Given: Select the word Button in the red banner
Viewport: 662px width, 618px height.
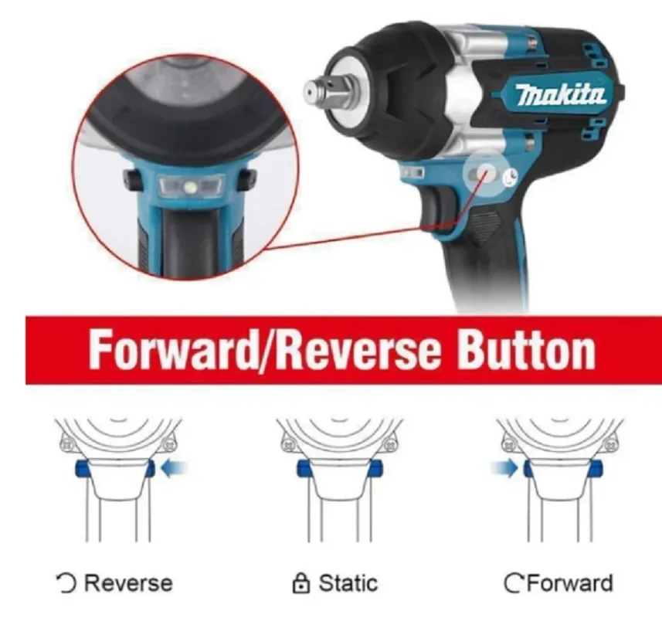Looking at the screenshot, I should [527, 350].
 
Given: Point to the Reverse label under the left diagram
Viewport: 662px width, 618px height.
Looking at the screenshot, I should [127, 583].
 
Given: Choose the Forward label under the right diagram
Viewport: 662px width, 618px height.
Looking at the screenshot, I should [568, 583].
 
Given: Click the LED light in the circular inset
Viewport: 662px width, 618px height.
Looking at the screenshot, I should [189, 185].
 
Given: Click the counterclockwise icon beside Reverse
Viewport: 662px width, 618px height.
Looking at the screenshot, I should [66, 583].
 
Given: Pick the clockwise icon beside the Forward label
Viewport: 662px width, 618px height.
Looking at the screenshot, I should [513, 584].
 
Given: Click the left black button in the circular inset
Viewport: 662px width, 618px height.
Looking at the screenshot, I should [132, 180].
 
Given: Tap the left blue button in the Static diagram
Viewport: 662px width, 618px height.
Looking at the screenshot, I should [302, 468].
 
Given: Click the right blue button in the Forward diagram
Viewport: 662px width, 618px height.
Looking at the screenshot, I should [596, 468].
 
